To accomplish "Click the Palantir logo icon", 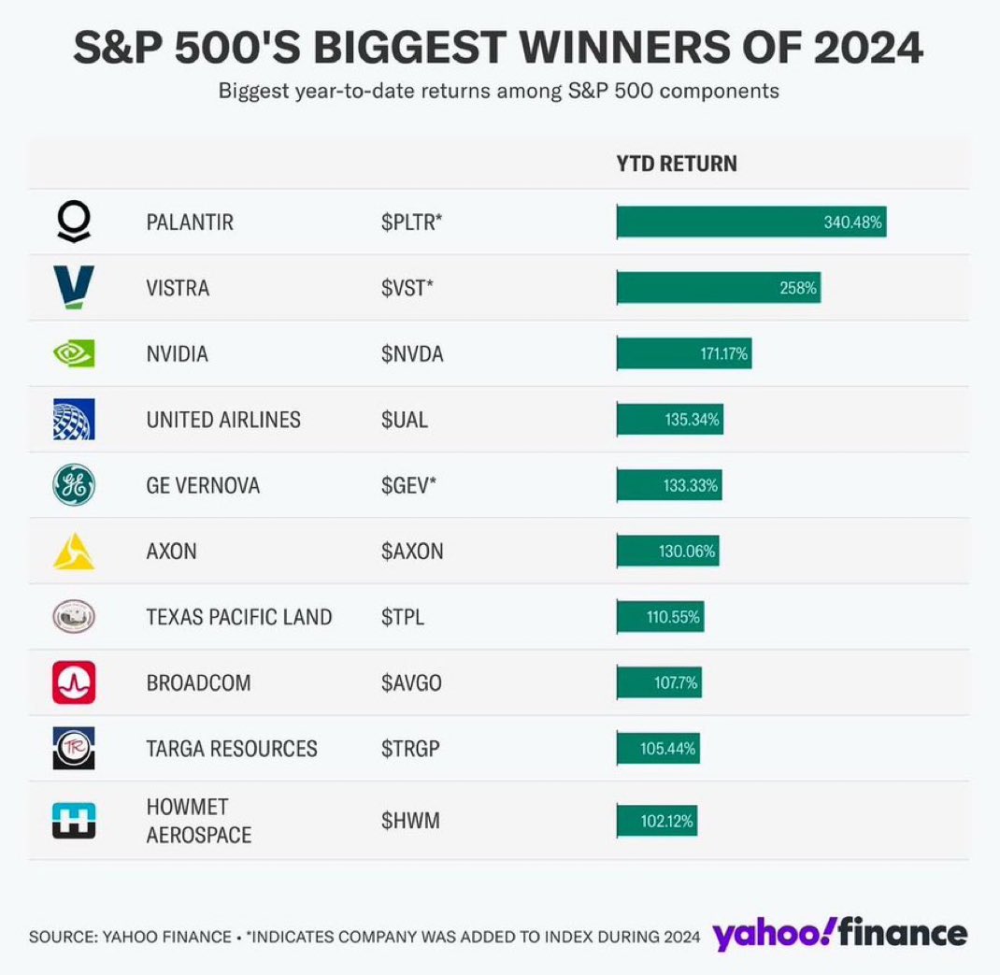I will tap(74, 222).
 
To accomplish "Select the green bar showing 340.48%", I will tap(750, 222).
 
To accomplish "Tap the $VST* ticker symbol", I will tap(407, 288).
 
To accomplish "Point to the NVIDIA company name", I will tap(178, 354).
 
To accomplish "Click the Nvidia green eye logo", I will tap(74, 354).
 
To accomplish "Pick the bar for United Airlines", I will tap(669, 420).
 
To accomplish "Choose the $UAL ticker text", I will tap(404, 420).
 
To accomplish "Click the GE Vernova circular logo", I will tap(74, 485).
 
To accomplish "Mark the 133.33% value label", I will tap(691, 485).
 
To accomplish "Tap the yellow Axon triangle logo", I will tap(74, 552).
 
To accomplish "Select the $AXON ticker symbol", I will tap(412, 552).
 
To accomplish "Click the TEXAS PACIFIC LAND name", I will tap(239, 617).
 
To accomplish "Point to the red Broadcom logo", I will tap(74, 682).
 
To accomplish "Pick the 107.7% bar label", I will tap(676, 682).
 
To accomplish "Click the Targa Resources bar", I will tap(657, 749).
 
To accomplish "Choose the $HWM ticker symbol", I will tap(409, 821).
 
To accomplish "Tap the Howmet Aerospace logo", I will tap(74, 820).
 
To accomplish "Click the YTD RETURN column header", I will tap(677, 164).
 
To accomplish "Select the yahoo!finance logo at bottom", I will tap(840, 934).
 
